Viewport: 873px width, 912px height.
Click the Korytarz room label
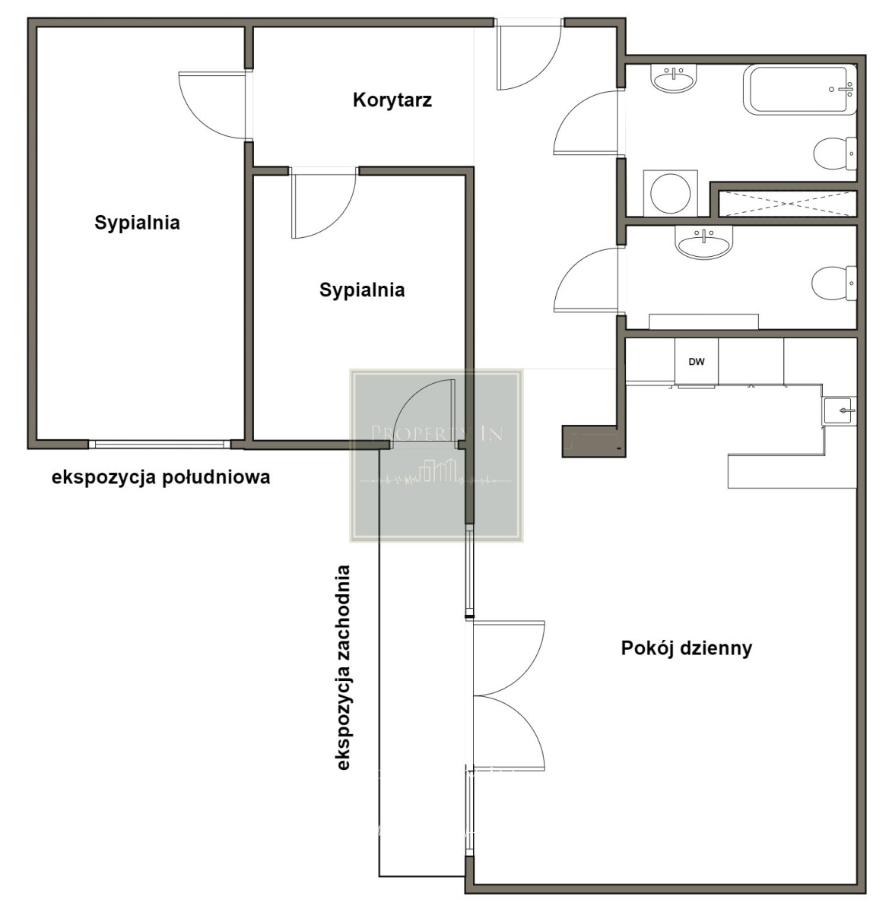coord(392,100)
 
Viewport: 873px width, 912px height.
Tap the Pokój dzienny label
coord(687,648)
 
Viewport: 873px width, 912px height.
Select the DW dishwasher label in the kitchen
coord(697,362)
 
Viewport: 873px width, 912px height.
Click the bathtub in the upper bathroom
coord(799,90)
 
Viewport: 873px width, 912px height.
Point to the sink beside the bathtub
coord(674,79)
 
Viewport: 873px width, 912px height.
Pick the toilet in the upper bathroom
coord(835,154)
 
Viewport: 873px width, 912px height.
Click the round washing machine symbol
coord(670,193)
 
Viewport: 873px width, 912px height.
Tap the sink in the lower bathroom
coord(703,242)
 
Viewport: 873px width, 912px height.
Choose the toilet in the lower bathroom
coord(834,283)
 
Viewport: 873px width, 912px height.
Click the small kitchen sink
coord(840,411)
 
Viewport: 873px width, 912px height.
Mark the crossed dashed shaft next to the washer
coord(788,204)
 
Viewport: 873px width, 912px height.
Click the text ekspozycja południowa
coord(160,478)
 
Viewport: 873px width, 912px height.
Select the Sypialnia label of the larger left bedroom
coord(137,222)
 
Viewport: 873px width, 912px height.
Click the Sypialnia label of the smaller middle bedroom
coord(362,290)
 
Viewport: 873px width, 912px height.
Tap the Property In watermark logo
coord(436,455)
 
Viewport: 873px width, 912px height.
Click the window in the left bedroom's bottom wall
coord(160,445)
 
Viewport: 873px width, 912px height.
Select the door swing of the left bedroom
coord(214,106)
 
